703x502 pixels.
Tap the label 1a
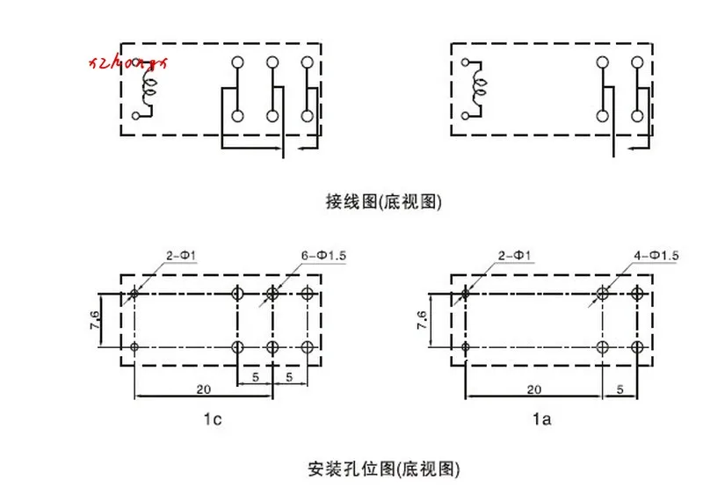tap(542, 420)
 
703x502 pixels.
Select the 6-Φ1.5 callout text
tap(324, 255)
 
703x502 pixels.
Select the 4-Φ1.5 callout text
tap(656, 255)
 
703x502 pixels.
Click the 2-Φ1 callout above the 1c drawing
tap(182, 255)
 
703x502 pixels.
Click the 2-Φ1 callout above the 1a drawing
tap(514, 255)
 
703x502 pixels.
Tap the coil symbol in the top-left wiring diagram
tap(150, 88)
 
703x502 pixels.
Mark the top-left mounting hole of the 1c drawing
tap(134, 294)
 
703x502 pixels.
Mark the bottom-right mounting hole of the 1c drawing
tap(308, 348)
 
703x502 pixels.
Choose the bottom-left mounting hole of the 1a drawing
tap(466, 348)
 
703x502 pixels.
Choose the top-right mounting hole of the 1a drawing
tap(637, 294)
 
